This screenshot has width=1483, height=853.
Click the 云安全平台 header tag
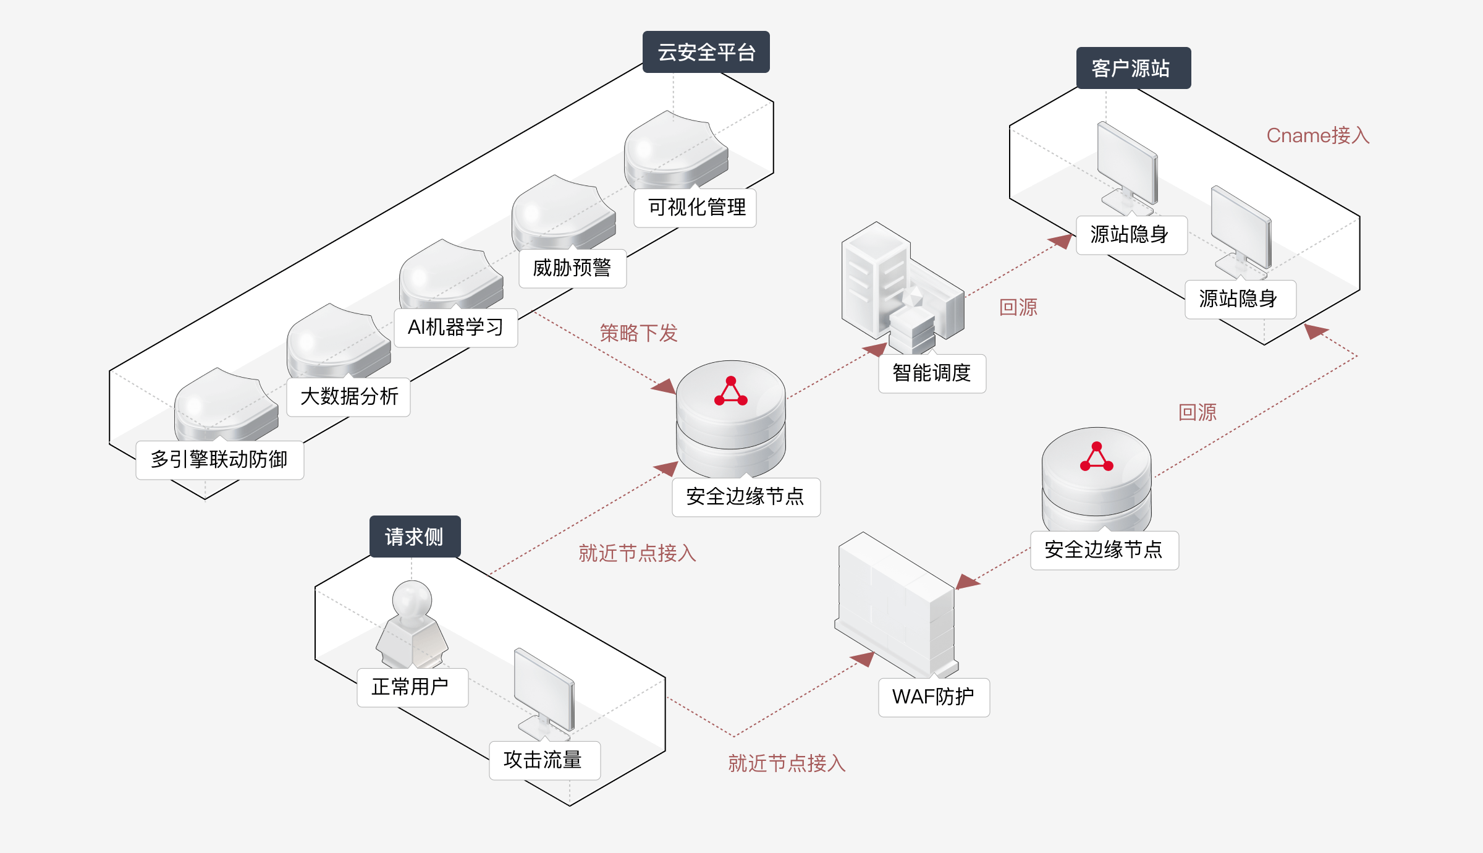(706, 52)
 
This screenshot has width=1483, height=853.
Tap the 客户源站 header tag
(1133, 68)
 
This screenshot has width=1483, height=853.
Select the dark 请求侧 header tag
(415, 537)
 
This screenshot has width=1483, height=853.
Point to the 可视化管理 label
(695, 208)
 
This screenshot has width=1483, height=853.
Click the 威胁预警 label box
(572, 268)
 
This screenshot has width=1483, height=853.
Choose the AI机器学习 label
(455, 328)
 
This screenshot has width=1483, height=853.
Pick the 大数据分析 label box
(349, 397)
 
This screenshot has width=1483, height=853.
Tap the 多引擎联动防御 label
(219, 460)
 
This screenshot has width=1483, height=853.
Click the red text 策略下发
(638, 333)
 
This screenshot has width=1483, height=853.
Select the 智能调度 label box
(932, 373)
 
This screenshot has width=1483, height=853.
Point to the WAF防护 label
(934, 697)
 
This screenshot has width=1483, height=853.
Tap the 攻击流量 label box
(544, 760)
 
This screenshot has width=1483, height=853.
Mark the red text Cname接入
(1317, 135)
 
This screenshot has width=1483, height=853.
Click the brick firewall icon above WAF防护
(896, 606)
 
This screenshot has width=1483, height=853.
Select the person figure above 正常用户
(412, 624)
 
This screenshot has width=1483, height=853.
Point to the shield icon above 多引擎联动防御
(226, 405)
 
